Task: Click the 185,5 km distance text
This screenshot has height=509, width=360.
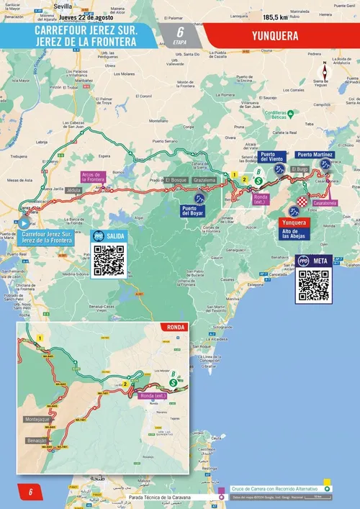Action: point(277,17)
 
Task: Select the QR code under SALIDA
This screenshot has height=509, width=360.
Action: point(109,261)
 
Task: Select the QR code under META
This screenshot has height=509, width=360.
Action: point(313,286)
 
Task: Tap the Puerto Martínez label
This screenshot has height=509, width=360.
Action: point(315,155)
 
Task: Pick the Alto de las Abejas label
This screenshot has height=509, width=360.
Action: point(295,233)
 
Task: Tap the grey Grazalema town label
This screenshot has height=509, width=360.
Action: point(204,179)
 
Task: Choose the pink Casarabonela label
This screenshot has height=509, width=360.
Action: point(325,203)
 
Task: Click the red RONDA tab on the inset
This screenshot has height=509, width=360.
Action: point(176,328)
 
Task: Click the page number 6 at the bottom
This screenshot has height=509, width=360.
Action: point(30,492)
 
